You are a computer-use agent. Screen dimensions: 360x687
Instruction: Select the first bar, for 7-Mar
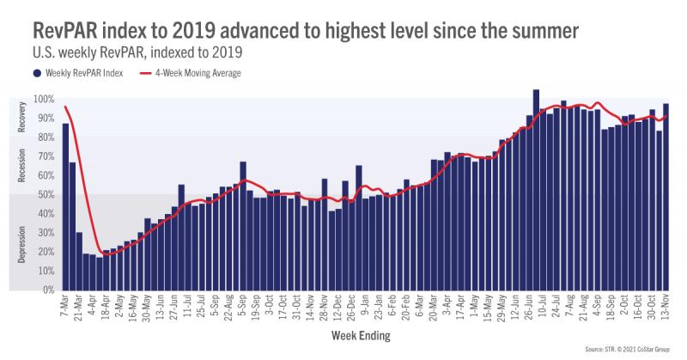pos(65,206)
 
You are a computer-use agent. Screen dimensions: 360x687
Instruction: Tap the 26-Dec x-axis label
pos(349,307)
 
